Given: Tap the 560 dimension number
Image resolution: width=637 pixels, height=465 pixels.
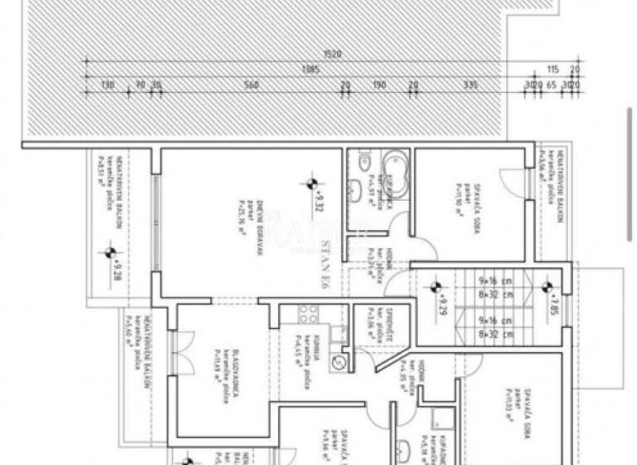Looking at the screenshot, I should coord(252,85).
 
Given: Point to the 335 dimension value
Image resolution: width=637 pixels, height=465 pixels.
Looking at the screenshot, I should coord(470,85).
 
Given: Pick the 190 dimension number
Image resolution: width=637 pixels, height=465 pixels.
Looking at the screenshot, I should coord(379,85).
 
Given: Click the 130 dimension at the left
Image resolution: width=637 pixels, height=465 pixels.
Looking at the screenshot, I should coord(107,85).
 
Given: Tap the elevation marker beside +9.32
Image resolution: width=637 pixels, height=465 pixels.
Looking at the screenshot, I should coord(311,184).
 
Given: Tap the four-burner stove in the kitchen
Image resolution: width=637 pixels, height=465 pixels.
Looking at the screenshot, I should coord(309,313).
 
